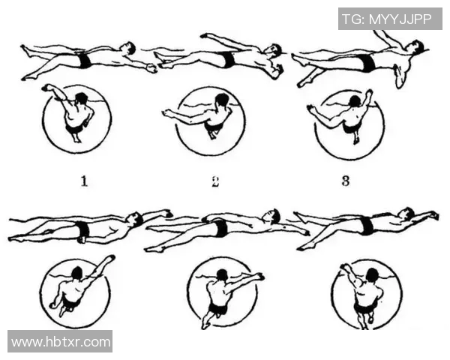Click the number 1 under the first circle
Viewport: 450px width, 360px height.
[83, 181]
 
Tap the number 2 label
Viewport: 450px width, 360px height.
[215, 181]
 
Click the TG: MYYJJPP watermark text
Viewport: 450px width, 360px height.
[387, 19]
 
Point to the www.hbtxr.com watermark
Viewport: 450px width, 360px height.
[61, 342]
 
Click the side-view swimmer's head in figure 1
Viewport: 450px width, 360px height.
[130, 49]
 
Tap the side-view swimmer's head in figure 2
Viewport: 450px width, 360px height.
[274, 50]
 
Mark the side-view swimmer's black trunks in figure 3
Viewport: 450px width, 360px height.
[365, 62]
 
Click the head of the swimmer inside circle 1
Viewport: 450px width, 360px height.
[82, 98]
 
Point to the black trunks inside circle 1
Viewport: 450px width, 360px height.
[74, 130]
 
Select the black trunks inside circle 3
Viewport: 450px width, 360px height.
[349, 127]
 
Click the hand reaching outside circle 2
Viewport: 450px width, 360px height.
[166, 114]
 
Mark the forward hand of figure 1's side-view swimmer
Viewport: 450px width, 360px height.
[153, 68]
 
